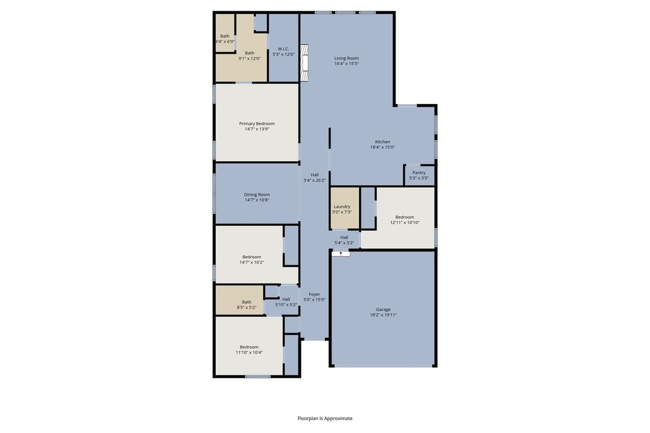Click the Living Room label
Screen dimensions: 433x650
pos(346,58)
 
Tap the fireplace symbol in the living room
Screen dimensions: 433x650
pos(305,63)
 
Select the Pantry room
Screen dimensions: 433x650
pos(419,175)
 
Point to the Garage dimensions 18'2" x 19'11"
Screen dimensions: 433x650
pos(383,314)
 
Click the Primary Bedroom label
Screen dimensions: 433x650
pos(257,123)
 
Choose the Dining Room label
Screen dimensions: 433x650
pos(257,194)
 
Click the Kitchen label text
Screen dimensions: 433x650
pos(382,142)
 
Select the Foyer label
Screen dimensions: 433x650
pos(314,294)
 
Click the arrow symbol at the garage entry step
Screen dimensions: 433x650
pos(341,253)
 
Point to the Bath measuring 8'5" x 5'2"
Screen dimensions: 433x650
pos(246,305)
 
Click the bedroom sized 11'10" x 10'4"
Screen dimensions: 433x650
pos(249,350)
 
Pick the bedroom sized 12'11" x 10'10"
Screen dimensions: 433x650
pos(405,220)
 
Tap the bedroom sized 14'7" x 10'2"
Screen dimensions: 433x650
pos(251,259)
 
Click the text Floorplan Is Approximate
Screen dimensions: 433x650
pos(325,418)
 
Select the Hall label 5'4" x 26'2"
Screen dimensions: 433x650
pos(314,178)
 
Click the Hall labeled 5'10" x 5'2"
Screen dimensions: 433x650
pos(286,302)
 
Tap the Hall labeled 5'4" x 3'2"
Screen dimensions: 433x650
pos(344,240)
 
